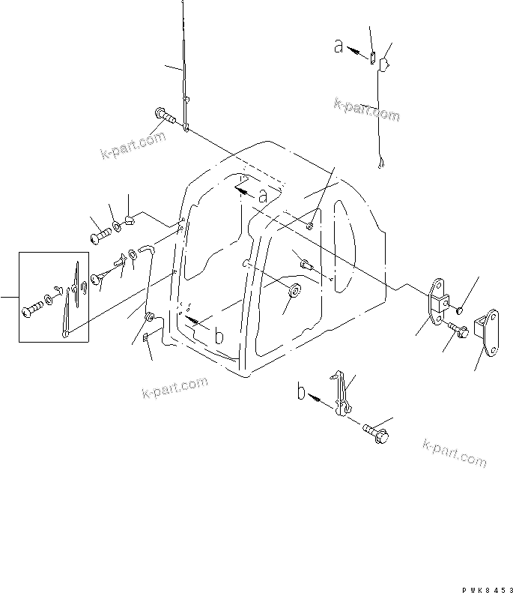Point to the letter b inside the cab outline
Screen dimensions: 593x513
[218, 337]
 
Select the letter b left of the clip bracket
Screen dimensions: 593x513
[302, 392]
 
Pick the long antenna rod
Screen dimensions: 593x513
[183, 60]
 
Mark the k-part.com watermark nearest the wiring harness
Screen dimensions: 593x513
[366, 109]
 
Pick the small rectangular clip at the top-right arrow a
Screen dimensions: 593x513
[371, 53]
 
